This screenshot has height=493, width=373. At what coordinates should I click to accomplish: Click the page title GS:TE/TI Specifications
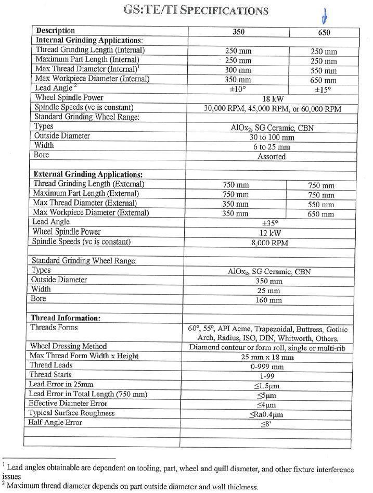pyautogui.click(x=196, y=10)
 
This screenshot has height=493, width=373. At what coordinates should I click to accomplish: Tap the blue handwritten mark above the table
pyautogui.click(x=325, y=17)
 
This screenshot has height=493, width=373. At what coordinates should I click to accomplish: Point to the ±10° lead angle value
pyautogui.click(x=237, y=89)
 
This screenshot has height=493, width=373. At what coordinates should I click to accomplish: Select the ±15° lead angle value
pyautogui.click(x=323, y=90)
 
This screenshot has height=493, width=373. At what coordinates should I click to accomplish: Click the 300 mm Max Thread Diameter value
pyautogui.click(x=237, y=70)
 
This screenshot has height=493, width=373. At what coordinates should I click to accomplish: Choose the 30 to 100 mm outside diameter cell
pyautogui.click(x=272, y=137)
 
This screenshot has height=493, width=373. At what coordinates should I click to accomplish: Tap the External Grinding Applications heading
pyautogui.click(x=88, y=174)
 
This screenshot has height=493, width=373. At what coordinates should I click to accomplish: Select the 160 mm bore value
pyautogui.click(x=268, y=300)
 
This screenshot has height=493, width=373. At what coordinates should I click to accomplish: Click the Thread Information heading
pyautogui.click(x=66, y=318)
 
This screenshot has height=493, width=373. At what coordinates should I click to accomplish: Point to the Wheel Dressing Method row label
pyautogui.click(x=68, y=346)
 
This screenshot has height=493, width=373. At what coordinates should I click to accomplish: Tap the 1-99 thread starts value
pyautogui.click(x=268, y=376)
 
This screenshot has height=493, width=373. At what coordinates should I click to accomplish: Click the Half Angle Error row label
pyautogui.click(x=56, y=422)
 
